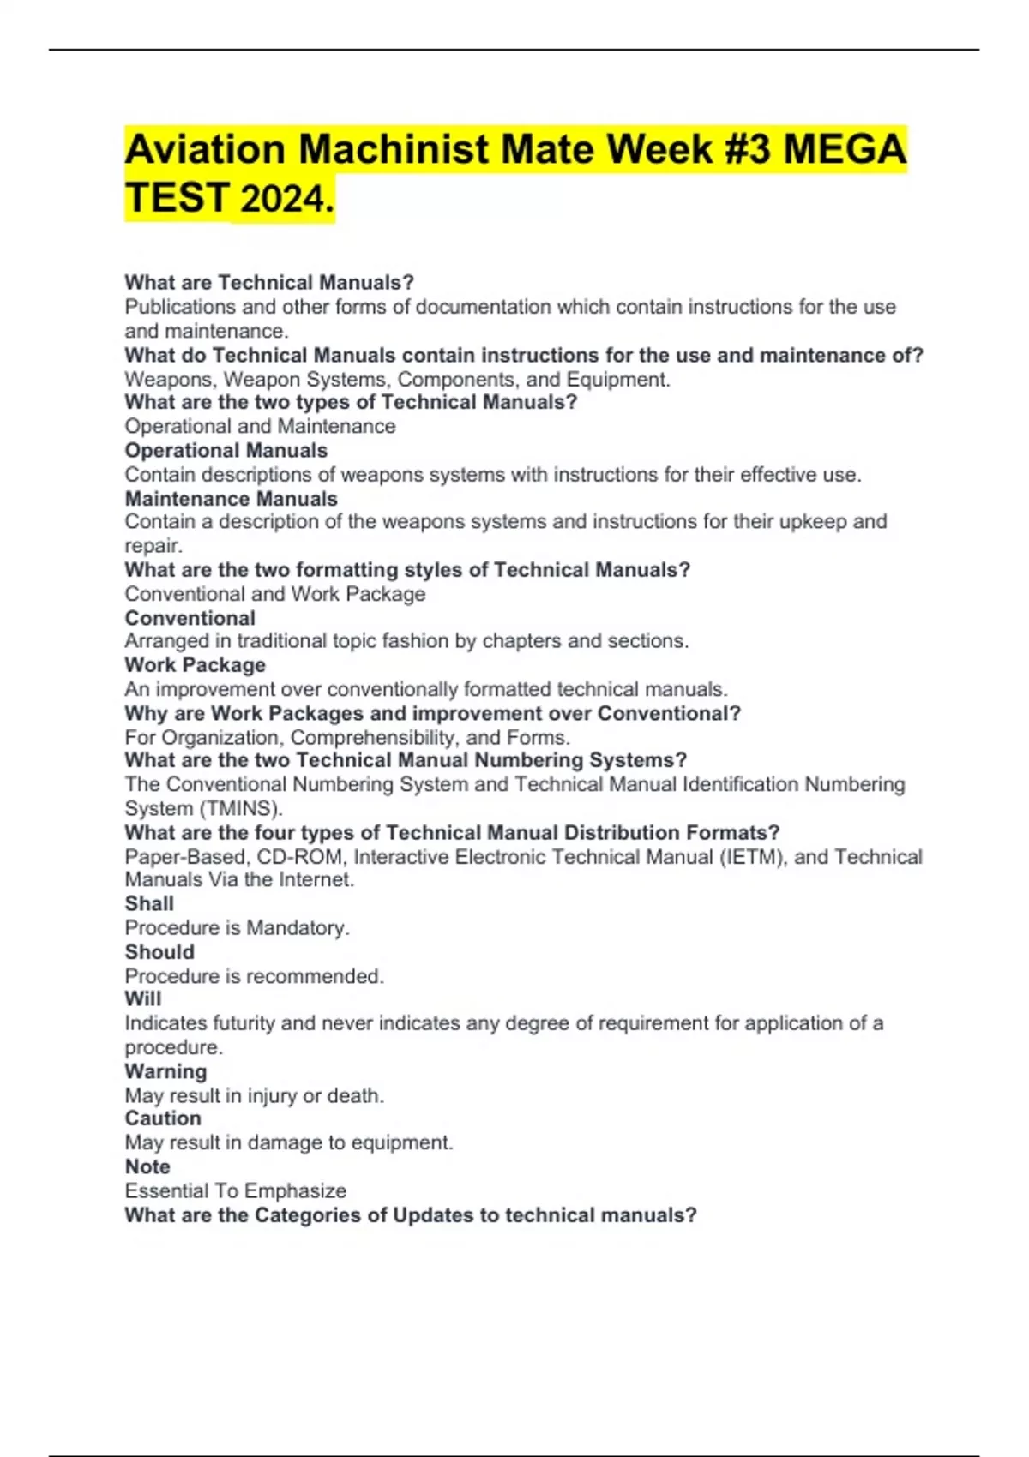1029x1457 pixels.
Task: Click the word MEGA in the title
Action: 845,149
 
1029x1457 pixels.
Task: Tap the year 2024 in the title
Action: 284,200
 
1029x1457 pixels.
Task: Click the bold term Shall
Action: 149,903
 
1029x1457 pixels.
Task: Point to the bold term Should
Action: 159,951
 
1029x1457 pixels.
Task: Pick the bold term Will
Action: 142,998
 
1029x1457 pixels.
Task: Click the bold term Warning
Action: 165,1071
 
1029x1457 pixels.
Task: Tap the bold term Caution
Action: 163,1118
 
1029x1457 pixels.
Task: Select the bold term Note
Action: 147,1166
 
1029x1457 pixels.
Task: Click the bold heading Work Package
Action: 195,665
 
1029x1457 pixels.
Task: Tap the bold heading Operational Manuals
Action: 226,450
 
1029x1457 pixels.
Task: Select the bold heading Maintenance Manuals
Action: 232,498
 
